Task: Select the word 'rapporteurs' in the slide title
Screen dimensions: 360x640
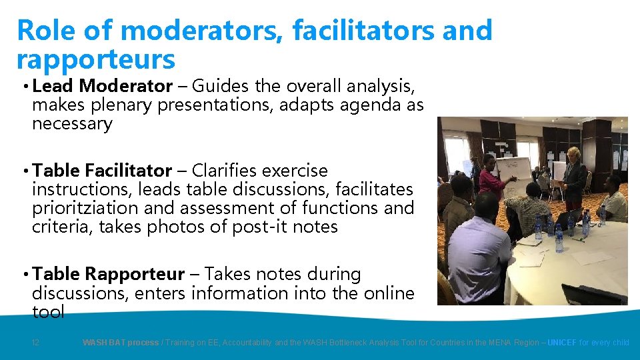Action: click(95, 59)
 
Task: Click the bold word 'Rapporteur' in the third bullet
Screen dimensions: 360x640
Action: click(135, 274)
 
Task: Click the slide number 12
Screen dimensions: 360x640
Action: click(36, 343)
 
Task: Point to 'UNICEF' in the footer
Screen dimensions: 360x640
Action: click(561, 343)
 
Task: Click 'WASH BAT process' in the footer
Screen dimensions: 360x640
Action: click(120, 343)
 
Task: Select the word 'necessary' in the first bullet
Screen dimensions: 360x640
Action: click(72, 124)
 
